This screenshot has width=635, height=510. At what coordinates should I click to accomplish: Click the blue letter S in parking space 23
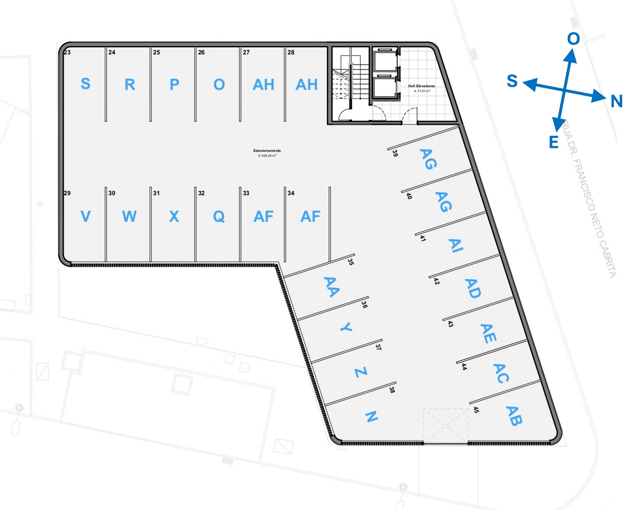click(85, 84)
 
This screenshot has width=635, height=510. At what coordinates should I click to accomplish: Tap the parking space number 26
click(201, 52)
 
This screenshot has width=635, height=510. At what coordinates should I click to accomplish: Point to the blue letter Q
click(219, 217)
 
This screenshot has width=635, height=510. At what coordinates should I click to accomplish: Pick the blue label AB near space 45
click(514, 416)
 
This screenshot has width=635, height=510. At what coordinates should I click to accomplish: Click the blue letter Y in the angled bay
click(346, 327)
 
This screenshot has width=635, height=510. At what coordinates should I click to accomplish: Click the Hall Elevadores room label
click(421, 86)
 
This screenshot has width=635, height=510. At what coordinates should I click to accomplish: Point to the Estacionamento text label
click(267, 151)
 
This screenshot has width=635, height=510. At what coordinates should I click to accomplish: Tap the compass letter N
click(616, 102)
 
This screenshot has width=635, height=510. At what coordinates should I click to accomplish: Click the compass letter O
click(573, 39)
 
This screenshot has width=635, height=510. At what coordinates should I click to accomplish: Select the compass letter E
click(554, 142)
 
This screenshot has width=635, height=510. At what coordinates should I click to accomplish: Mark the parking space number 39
click(395, 153)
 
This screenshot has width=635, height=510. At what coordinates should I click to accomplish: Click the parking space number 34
click(291, 193)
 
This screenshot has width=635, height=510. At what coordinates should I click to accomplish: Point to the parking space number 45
click(476, 410)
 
